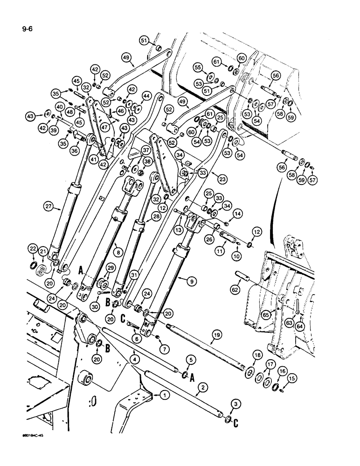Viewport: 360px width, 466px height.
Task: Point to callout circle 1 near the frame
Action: [164, 395]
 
